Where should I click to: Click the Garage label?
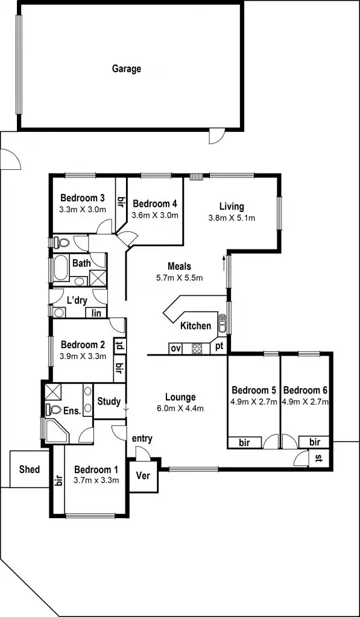(x=127, y=69)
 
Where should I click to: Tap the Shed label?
(x=30, y=469)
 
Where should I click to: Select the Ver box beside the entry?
(x=144, y=475)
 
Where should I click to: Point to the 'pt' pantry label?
(x=219, y=347)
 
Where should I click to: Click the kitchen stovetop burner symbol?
(x=197, y=348)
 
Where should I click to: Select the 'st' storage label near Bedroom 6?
(x=319, y=459)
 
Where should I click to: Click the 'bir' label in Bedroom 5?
(x=244, y=443)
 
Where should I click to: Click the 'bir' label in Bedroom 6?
(x=314, y=442)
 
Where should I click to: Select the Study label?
(x=109, y=401)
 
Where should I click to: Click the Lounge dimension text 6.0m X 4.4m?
(x=180, y=408)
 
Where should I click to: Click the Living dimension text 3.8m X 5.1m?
(x=232, y=218)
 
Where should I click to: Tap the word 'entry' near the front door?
(x=142, y=438)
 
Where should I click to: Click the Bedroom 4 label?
(x=155, y=203)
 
